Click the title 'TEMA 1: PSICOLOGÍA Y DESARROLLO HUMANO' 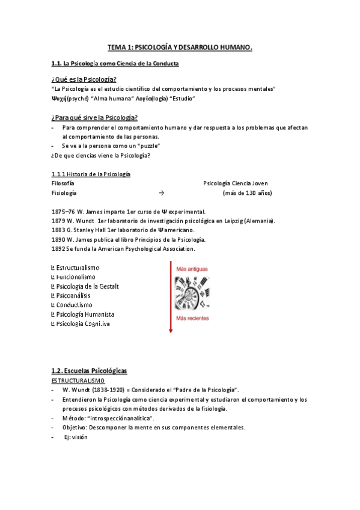pyautogui.click(x=180, y=47)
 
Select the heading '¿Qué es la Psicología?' pyautogui.click(x=84, y=79)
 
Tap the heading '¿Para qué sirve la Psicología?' pyautogui.click(x=95, y=117)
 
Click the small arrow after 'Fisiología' pyautogui.click(x=161, y=193)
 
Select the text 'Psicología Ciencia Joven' pyautogui.click(x=236, y=183)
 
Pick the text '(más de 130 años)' pyautogui.click(x=247, y=193)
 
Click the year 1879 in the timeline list pyautogui.click(x=58, y=221)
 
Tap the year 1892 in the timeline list pyautogui.click(x=58, y=248)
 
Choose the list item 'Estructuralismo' pyautogui.click(x=78, y=267)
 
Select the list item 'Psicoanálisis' pyautogui.click(x=75, y=295)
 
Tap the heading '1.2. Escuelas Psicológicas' pyautogui.click(x=90, y=371)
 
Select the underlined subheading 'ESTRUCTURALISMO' pyautogui.click(x=78, y=381)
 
